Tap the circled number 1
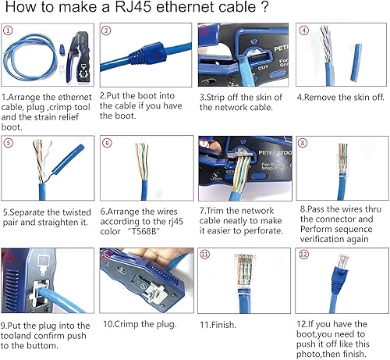pos(9,31)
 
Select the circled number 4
pos(302,31)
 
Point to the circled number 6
pos(107,143)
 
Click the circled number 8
pos(303,143)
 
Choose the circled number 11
pos(205,255)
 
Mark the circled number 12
pos(303,255)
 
